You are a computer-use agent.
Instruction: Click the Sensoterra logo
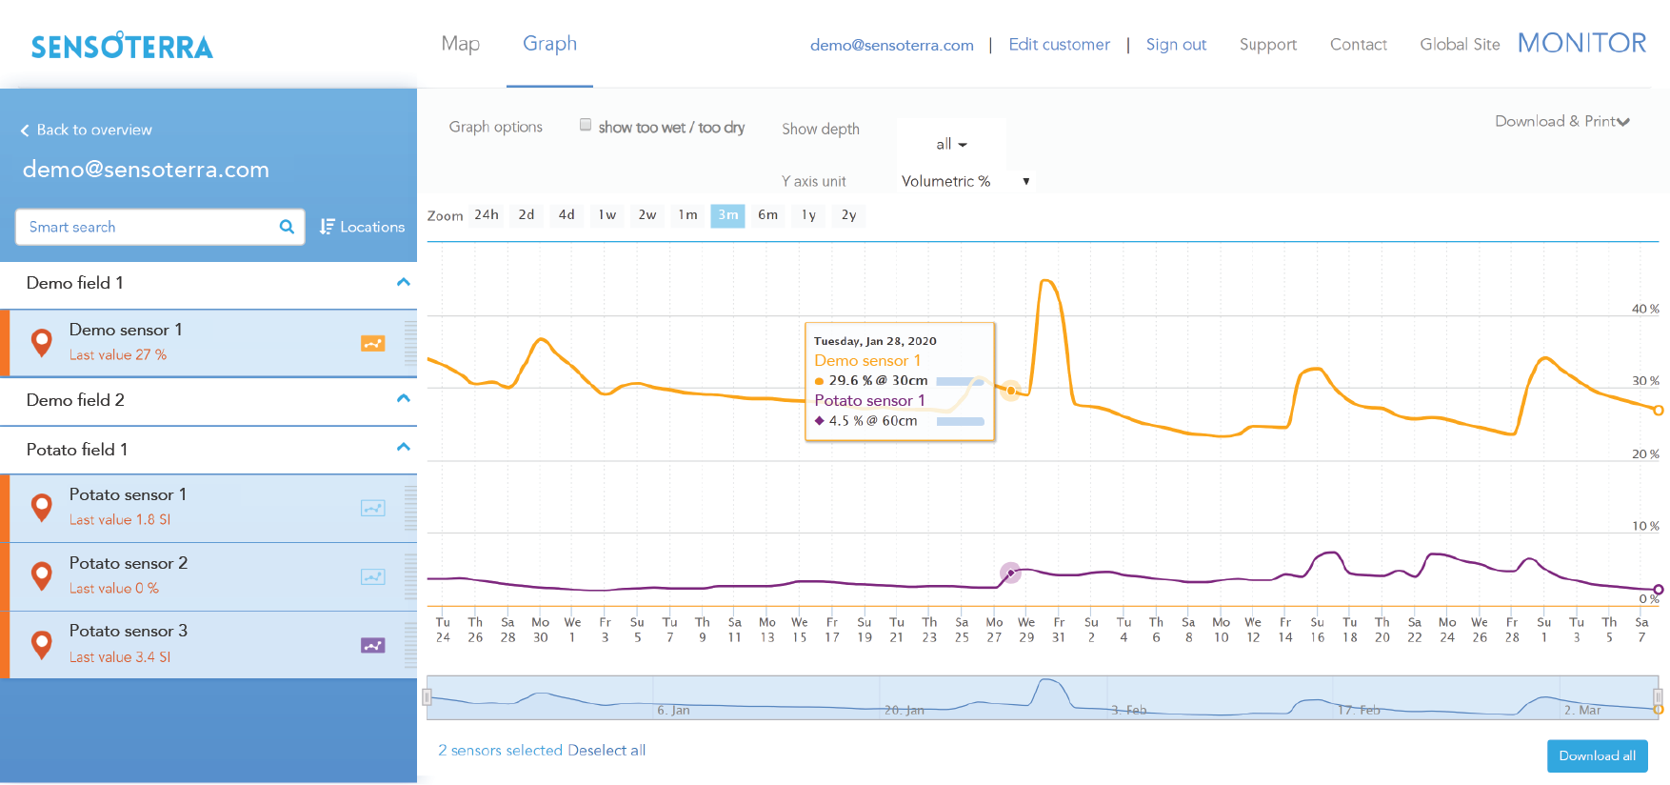(122, 46)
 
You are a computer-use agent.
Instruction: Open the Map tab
(460, 44)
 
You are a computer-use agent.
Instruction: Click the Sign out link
(1176, 45)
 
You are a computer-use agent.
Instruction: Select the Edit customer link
(1059, 45)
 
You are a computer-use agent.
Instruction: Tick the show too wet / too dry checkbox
(586, 125)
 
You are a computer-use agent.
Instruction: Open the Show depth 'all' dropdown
(951, 145)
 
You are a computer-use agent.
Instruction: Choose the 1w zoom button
(607, 215)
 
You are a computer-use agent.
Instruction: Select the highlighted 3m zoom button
(727, 215)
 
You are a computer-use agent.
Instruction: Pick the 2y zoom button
(848, 215)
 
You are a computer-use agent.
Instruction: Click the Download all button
(1597, 755)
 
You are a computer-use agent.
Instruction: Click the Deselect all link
(606, 751)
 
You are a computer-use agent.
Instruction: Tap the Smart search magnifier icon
(287, 227)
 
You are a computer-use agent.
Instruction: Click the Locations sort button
(362, 227)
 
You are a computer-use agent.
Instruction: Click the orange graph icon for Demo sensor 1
(372, 343)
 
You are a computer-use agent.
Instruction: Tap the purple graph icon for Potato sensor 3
(372, 645)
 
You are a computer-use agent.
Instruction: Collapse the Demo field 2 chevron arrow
(404, 398)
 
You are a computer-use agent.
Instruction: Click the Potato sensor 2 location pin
(41, 575)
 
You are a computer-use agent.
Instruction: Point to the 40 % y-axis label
(1644, 309)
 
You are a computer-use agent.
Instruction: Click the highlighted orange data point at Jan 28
(1011, 390)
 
